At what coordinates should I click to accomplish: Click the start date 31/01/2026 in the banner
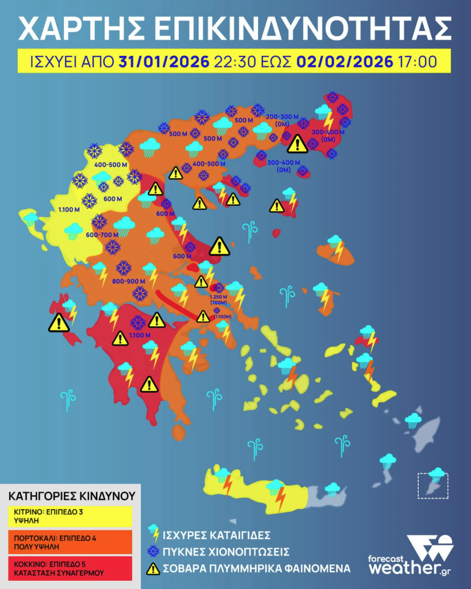click(x=163, y=62)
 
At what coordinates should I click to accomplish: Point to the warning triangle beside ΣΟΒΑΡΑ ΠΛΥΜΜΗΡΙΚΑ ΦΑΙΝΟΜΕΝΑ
click(x=153, y=569)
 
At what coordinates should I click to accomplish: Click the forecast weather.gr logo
click(x=411, y=557)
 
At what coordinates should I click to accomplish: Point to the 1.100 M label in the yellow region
click(x=69, y=209)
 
